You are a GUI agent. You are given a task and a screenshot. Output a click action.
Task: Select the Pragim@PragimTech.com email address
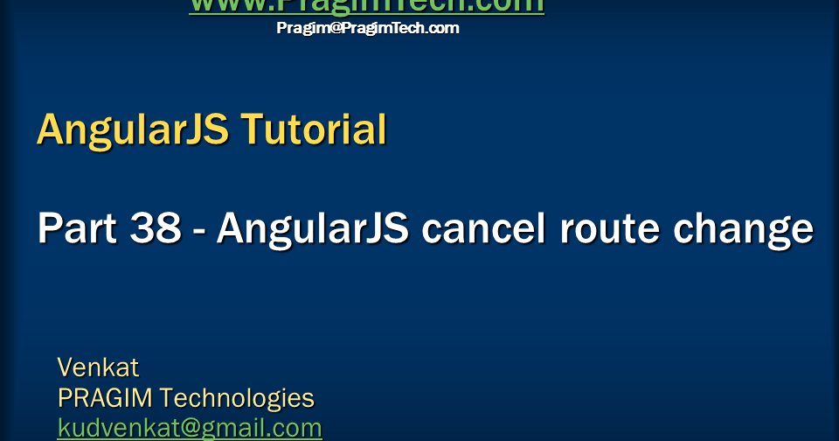pyautogui.click(x=367, y=28)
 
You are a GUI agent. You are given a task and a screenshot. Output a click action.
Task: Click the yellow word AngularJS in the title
pyautogui.click(x=132, y=129)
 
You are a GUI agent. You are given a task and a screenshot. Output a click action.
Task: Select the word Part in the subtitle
pyautogui.click(x=77, y=229)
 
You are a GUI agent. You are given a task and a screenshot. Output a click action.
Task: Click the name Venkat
pyautogui.click(x=98, y=367)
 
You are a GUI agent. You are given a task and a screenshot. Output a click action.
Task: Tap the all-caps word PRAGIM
pyautogui.click(x=105, y=398)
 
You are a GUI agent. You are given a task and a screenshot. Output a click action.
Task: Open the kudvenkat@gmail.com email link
pyautogui.click(x=190, y=428)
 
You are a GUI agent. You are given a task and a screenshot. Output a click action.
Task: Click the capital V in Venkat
pyautogui.click(x=65, y=367)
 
